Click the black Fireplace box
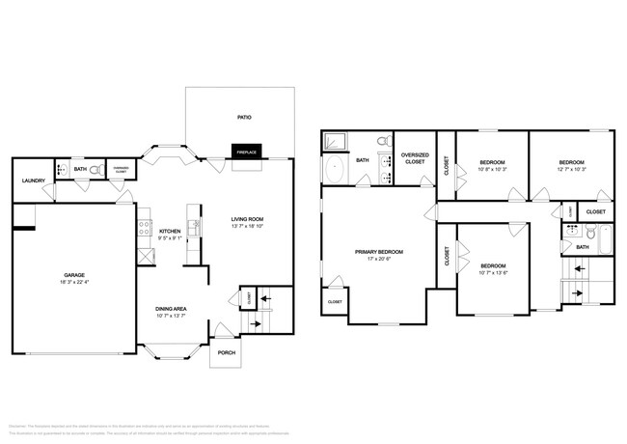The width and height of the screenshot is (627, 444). [x=246, y=152]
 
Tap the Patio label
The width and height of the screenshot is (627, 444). [x=245, y=118]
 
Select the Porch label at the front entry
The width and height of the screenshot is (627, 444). [x=226, y=352]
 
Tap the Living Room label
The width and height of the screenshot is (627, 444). [x=247, y=219]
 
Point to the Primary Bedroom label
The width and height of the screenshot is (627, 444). [x=378, y=251]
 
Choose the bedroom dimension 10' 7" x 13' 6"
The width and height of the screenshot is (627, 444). [x=493, y=272]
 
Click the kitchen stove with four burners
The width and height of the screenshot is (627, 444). [x=144, y=256]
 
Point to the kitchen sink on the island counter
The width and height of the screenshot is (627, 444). [x=193, y=228]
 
